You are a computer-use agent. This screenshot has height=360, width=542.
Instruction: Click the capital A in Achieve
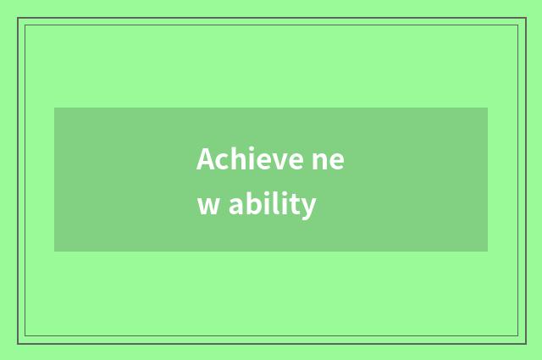coord(205,159)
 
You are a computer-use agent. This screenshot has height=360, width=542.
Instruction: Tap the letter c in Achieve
coord(219,161)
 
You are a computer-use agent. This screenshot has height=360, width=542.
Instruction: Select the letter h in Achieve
coord(233,159)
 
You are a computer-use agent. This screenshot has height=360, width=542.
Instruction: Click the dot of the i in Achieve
coord(246,149)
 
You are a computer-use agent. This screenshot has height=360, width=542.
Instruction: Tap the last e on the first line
coord(336,162)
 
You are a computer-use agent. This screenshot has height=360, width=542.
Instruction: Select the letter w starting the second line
coord(208,207)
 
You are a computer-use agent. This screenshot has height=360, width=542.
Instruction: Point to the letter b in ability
coord(252,204)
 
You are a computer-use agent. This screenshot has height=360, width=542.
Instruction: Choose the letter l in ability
coord(276,203)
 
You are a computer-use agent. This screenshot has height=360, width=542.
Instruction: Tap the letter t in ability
coord(296,205)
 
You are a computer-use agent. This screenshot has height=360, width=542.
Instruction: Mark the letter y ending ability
coord(308,208)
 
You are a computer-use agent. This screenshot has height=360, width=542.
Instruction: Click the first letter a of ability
coord(235,207)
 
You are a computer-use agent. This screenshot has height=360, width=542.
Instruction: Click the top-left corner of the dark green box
coord(55,108)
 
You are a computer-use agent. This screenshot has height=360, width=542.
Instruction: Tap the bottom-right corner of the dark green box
coord(487,251)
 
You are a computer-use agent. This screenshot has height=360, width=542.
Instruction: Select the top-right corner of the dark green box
coord(487,108)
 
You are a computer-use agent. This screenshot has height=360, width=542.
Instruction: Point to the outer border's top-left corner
coord(18,19)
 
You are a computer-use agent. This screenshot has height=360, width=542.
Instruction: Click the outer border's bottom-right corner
coord(525,342)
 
